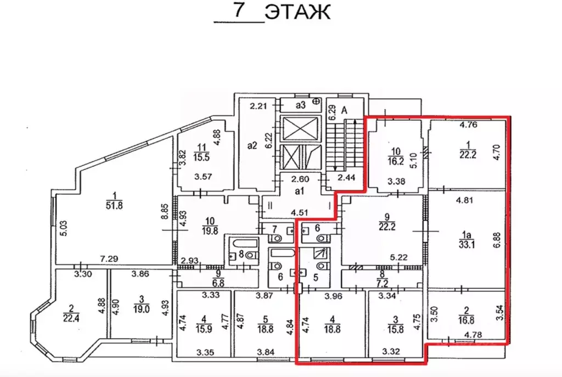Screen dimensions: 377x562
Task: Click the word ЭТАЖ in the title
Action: coord(297,12)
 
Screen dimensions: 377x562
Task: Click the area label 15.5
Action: coord(202,156)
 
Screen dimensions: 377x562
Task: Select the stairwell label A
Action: coord(344,109)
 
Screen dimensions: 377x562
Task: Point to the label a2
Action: coord(252,146)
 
